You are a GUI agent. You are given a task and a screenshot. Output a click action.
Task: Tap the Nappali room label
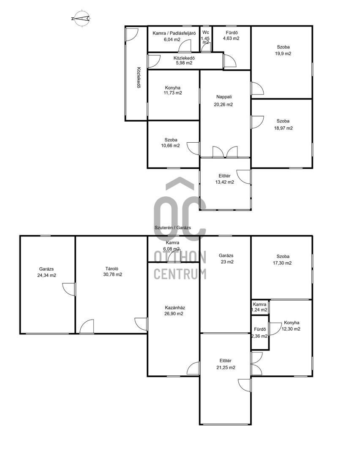(224, 97)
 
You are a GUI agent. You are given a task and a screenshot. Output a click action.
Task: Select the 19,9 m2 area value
(283, 54)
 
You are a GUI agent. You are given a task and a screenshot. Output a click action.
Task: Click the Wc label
(206, 32)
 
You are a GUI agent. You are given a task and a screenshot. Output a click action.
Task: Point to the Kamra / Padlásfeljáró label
(174, 33)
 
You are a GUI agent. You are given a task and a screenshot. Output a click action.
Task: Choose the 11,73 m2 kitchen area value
(172, 93)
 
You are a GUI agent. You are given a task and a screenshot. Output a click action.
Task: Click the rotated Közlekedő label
(139, 78)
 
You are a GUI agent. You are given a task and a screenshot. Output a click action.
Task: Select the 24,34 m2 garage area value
(46, 275)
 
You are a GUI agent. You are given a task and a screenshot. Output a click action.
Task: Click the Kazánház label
(175, 307)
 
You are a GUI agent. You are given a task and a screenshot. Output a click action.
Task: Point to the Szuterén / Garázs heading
(172, 228)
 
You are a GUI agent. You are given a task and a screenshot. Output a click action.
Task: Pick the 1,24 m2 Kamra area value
(259, 310)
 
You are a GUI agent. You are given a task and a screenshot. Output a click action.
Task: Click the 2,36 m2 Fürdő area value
(259, 336)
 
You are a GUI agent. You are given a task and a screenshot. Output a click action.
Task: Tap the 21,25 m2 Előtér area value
(226, 368)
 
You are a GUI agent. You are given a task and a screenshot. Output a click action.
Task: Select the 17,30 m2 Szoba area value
(282, 263)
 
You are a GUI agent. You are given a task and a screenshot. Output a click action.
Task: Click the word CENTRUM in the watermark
(180, 274)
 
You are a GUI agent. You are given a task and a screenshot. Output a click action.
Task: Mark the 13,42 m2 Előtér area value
(224, 182)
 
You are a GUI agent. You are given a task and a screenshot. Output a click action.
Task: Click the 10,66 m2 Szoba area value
(170, 146)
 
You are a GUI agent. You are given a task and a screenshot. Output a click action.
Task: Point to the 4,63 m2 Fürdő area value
(231, 38)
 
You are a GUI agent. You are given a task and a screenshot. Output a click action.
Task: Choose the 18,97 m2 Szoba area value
(283, 128)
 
